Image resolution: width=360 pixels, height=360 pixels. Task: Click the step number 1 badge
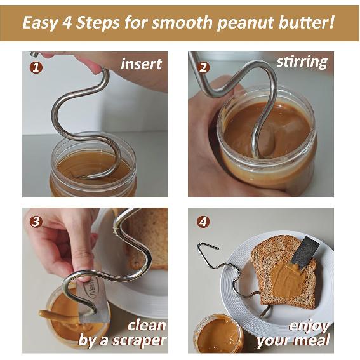[x=37, y=66]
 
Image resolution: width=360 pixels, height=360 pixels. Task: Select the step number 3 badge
[x=36, y=222]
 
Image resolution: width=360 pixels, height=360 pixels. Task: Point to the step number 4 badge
[x=203, y=222]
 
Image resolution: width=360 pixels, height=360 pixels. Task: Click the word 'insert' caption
[x=141, y=63]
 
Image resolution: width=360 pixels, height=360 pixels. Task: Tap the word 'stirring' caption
[x=302, y=62]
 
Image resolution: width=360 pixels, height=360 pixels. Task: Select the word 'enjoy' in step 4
[x=309, y=326]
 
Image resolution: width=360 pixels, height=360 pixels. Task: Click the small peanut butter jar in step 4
[x=217, y=335]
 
